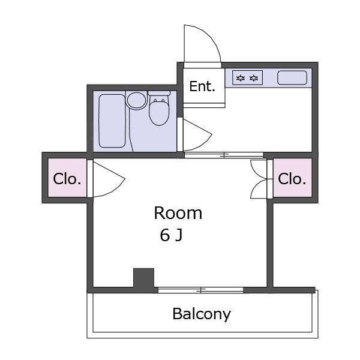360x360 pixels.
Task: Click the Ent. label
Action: (x=202, y=86)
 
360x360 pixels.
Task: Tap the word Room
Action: (x=178, y=213)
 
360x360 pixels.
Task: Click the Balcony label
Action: (x=202, y=314)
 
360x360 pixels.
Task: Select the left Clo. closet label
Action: (x=67, y=179)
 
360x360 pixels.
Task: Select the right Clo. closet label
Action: (x=292, y=179)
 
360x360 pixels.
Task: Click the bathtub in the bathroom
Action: (x=112, y=121)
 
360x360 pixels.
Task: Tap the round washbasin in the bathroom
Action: (x=136, y=100)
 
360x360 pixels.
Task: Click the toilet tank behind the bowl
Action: (x=159, y=93)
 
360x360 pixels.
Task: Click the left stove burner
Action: (x=241, y=78)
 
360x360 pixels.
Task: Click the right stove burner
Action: (x=254, y=78)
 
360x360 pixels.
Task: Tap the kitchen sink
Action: (x=292, y=78)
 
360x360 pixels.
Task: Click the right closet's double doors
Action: (x=259, y=179)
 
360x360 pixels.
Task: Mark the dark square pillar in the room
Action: (x=144, y=278)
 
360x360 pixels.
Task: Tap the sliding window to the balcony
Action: (x=200, y=290)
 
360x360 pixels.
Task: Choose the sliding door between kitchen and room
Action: (x=224, y=155)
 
